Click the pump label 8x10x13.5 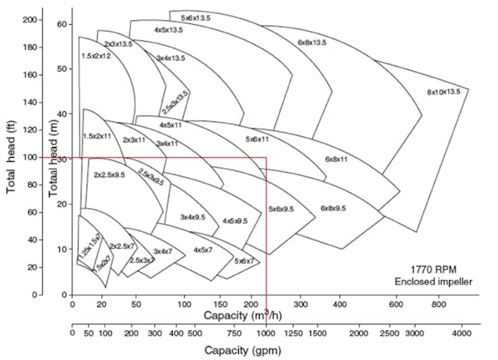[444, 92]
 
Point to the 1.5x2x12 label [96, 56]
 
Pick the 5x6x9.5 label [282, 209]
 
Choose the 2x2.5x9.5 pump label [110, 176]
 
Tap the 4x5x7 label [203, 250]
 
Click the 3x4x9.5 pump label [192, 218]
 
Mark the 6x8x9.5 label [336, 208]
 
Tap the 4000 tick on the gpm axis [462, 332]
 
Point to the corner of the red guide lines [267, 157]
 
